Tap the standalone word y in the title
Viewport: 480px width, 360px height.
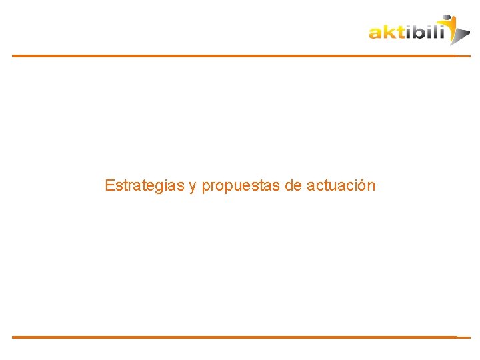pyautogui.click(x=193, y=187)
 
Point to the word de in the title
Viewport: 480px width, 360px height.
pyautogui.click(x=293, y=185)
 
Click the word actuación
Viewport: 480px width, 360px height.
pyautogui.click(x=341, y=185)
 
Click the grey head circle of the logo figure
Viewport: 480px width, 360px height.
pyautogui.click(x=447, y=18)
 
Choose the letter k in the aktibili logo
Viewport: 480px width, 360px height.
pyautogui.click(x=388, y=31)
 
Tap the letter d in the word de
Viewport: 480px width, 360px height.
pyautogui.click(x=289, y=185)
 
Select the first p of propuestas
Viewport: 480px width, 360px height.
pyautogui.click(x=205, y=187)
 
